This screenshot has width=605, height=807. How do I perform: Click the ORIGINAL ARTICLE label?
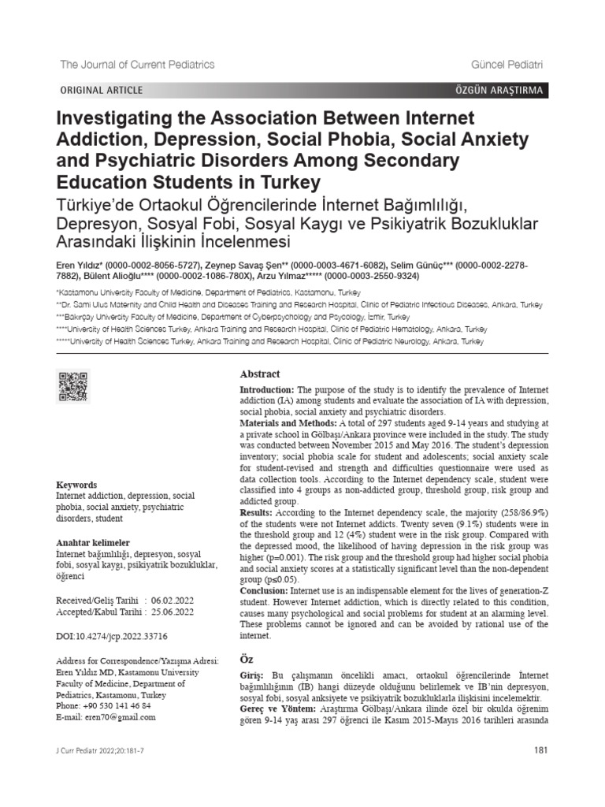click(102, 91)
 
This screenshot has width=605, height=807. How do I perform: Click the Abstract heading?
click(260, 374)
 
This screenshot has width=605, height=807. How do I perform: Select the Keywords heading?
click(77, 485)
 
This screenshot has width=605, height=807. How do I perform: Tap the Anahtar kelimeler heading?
click(92, 544)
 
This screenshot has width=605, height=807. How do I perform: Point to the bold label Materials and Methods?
click(290, 423)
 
